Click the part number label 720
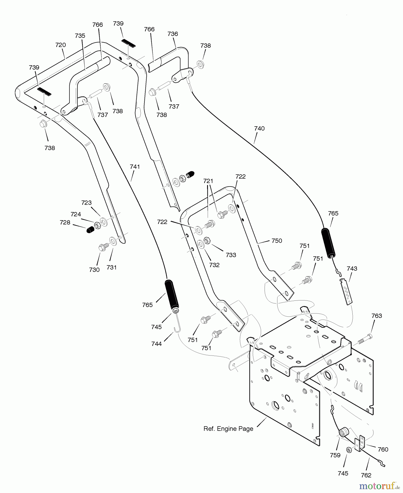pyautogui.click(x=60, y=45)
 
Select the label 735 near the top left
pyautogui.click(x=80, y=36)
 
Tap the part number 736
pyautogui.click(x=173, y=34)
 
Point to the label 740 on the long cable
pyautogui.click(x=259, y=128)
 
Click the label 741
pyautogui.click(x=135, y=167)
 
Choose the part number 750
pyautogui.click(x=277, y=241)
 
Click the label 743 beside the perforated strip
pyautogui.click(x=352, y=269)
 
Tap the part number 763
pyautogui.click(x=376, y=316)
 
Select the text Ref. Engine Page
pyautogui.click(x=228, y=429)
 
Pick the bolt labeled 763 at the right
pyautogui.click(x=364, y=339)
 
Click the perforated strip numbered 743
pyautogui.click(x=346, y=291)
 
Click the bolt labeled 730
pyautogui.click(x=103, y=246)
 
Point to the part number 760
pyautogui.click(x=383, y=449)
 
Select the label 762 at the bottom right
pyautogui.click(x=366, y=475)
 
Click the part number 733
pyautogui.click(x=231, y=255)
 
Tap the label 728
pyautogui.click(x=65, y=222)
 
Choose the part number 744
pyautogui.click(x=156, y=344)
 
